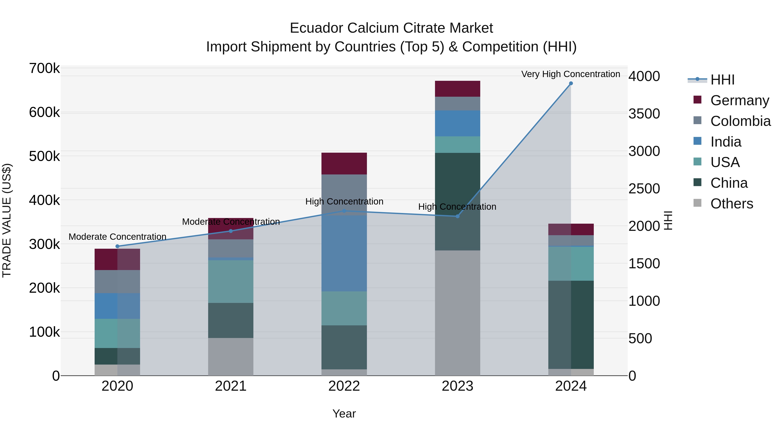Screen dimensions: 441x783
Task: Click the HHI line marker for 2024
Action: click(571, 83)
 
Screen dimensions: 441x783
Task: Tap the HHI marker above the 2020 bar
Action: click(117, 246)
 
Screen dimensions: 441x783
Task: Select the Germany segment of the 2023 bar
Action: click(457, 89)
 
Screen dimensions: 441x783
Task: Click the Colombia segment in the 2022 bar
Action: click(344, 192)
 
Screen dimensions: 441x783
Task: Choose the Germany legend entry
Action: click(739, 100)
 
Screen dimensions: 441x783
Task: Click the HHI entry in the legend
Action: click(722, 80)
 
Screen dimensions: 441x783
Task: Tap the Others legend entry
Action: click(731, 204)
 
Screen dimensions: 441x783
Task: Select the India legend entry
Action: click(726, 142)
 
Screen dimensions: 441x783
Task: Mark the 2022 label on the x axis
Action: click(344, 386)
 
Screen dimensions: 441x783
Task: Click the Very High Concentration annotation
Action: click(571, 74)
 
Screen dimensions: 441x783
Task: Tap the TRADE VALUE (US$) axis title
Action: click(7, 220)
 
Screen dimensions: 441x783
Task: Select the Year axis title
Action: click(344, 414)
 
